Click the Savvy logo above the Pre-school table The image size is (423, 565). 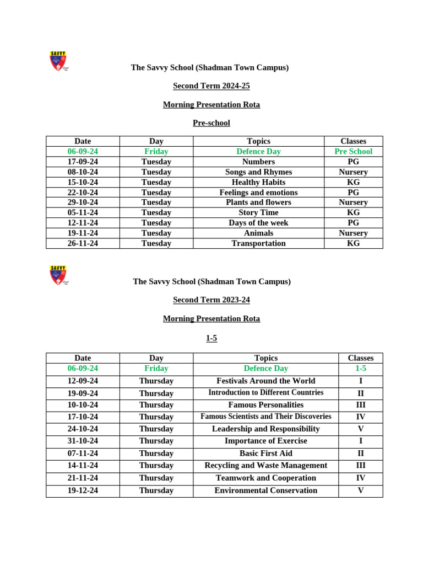58,61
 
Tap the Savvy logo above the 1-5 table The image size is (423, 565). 58,275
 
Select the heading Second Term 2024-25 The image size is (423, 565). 211,86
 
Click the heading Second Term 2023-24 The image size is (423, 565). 211,300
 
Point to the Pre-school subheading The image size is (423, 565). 211,123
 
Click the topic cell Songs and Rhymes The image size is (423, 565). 258,172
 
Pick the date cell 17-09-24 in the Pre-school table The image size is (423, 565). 83,162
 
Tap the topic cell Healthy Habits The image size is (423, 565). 258,182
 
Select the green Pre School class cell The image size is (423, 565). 353,151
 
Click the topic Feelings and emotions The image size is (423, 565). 258,193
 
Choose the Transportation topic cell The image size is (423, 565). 258,243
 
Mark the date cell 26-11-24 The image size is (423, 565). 83,243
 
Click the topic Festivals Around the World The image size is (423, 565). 265,381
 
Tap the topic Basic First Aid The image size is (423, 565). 265,453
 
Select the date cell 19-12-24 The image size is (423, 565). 83,491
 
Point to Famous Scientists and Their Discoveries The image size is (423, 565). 265,417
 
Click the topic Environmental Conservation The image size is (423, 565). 265,491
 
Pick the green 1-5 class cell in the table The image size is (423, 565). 360,368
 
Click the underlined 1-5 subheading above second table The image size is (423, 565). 211,338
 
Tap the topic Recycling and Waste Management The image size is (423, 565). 265,465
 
